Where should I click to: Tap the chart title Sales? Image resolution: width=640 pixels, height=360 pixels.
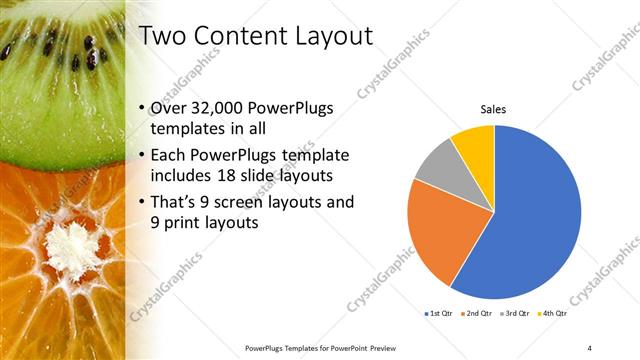tap(494, 109)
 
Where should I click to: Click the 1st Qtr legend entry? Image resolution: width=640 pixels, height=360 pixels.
tap(439, 313)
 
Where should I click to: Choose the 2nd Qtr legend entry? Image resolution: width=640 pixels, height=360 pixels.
tap(479, 313)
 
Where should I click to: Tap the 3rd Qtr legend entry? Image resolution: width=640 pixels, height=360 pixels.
tap(517, 313)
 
